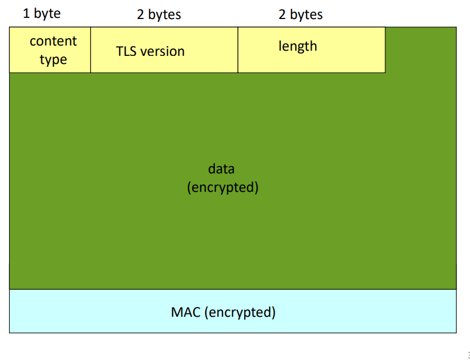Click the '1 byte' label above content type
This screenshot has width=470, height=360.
(41, 13)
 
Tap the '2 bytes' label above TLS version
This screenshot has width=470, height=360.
(159, 14)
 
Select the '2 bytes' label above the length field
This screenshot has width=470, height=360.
(301, 14)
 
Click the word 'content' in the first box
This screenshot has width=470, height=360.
(53, 41)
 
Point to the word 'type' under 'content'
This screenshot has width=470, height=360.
(53, 60)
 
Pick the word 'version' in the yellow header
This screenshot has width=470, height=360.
(162, 52)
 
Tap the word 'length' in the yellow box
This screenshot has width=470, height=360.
(298, 47)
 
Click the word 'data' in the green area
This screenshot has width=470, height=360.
(221, 169)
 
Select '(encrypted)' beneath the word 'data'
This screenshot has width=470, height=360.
(223, 187)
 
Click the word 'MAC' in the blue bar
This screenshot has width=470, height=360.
(185, 312)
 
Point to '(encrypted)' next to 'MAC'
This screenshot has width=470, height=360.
(240, 312)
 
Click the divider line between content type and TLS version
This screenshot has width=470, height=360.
(90, 50)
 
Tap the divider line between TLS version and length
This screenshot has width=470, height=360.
(238, 50)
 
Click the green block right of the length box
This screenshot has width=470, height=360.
(421, 50)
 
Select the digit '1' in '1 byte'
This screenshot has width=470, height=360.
(26, 13)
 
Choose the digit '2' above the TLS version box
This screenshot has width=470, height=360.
(141, 14)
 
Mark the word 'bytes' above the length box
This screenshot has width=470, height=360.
(306, 14)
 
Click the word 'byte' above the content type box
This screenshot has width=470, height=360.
(47, 13)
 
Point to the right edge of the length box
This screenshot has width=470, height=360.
(385, 50)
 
